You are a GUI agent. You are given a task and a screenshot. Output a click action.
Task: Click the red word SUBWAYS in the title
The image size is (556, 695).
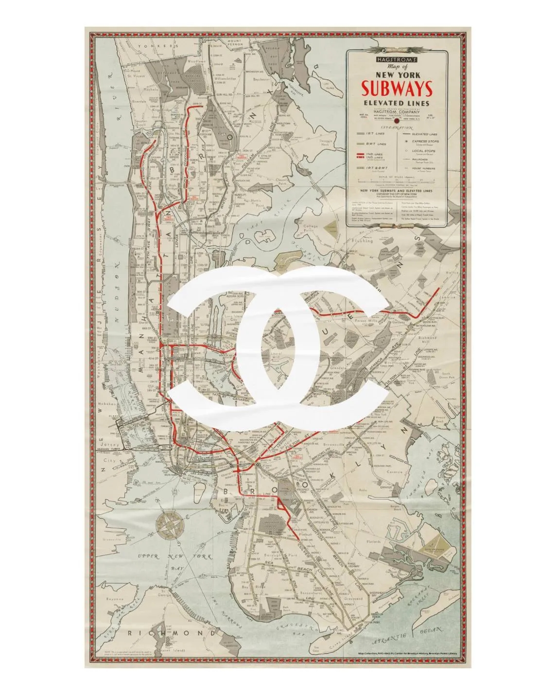pyautogui.click(x=397, y=89)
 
